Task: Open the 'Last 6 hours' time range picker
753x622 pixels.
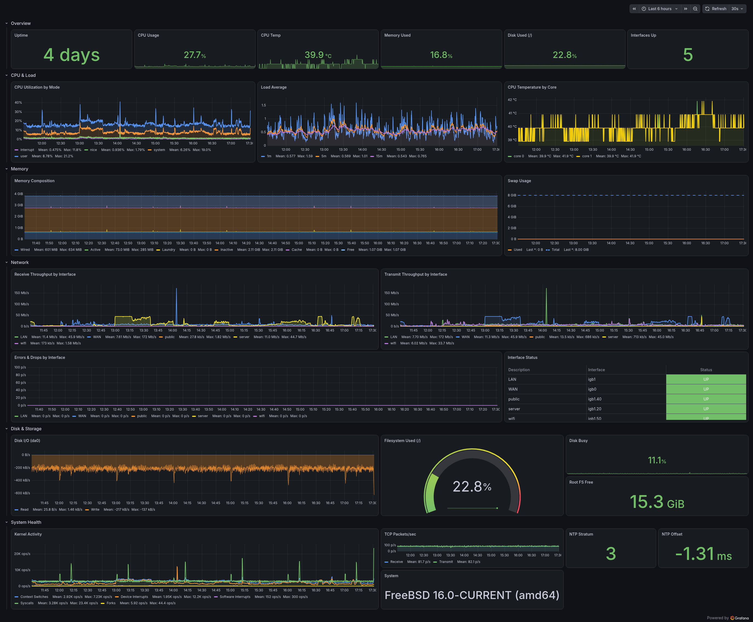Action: (659, 8)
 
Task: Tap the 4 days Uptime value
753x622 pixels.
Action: (72, 55)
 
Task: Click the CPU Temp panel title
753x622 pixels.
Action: (271, 35)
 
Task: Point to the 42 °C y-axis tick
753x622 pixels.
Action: (512, 100)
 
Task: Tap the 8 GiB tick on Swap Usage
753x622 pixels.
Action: (512, 195)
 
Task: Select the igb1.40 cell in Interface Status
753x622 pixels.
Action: (595, 399)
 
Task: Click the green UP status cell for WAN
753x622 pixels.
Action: (706, 389)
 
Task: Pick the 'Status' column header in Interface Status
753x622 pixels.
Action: (706, 370)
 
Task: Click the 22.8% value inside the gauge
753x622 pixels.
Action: (472, 487)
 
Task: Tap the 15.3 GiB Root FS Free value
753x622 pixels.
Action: (657, 502)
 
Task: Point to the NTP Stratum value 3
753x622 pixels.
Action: (611, 554)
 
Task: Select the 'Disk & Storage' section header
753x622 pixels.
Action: (26, 429)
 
